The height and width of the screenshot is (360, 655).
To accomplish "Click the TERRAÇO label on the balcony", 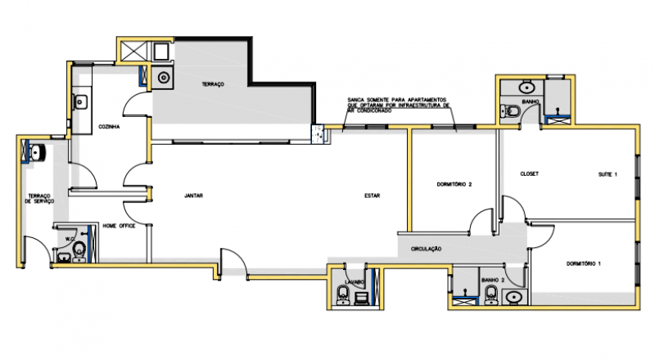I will coord(214,85).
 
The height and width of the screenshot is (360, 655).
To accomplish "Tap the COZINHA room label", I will coord(110,127).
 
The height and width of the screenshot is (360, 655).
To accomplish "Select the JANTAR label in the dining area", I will coord(194,196).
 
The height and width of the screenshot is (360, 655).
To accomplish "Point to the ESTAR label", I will coord(373,196).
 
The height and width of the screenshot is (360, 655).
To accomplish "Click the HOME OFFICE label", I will coord(119,225).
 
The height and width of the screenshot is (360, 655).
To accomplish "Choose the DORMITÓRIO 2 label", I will coord(455,184).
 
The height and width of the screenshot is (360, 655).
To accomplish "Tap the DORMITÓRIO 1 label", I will coord(584,263).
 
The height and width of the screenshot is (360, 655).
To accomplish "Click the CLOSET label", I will coord(529,173).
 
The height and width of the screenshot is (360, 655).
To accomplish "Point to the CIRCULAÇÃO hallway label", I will coord(426,248).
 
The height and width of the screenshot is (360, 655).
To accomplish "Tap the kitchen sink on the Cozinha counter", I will coord(81,102).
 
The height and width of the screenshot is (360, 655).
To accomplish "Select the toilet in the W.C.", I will coord(79,250).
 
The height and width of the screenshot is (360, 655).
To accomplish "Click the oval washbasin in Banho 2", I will coord(514,296).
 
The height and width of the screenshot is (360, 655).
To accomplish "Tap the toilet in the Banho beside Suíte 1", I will coord(511,111).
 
